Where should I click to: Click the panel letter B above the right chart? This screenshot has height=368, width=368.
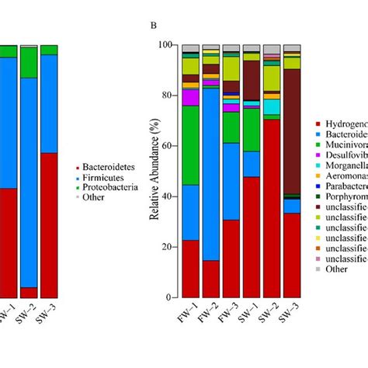pos(154,26)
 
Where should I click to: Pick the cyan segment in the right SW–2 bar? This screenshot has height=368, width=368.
pos(272,106)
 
